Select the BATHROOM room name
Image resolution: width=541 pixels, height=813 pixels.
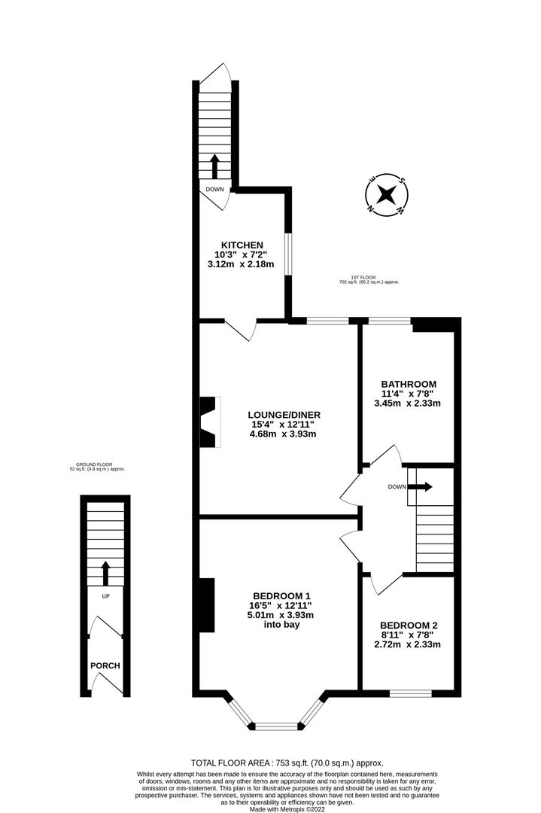(407, 384)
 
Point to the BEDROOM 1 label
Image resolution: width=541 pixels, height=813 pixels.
(282, 595)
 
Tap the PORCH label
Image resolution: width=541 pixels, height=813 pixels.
(105, 666)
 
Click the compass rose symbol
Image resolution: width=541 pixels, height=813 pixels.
(387, 195)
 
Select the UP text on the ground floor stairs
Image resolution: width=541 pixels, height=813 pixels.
(105, 595)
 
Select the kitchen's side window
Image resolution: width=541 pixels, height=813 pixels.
(287, 254)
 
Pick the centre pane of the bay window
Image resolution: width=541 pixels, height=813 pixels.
(275, 726)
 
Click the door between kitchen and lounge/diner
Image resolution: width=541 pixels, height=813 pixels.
(241, 329)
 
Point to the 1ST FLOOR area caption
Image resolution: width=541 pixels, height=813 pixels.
(369, 279)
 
